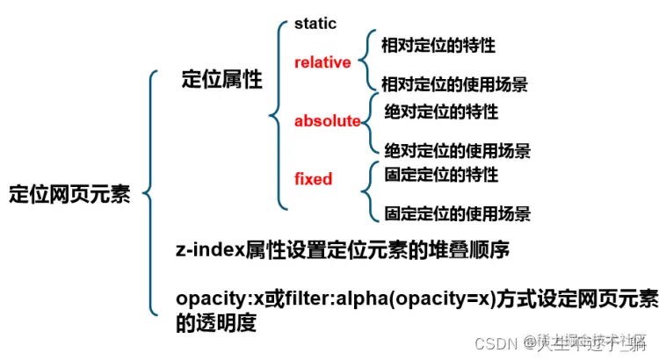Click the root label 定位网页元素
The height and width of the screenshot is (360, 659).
tap(69, 194)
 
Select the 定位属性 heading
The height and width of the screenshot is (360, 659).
tap(221, 80)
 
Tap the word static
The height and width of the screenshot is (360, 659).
tap(315, 25)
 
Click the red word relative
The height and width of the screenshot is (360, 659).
tap(322, 62)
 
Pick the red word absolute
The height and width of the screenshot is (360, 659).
tap(327, 120)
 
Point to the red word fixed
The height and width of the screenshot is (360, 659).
tap(313, 179)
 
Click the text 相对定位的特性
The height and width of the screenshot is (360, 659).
tap(444, 43)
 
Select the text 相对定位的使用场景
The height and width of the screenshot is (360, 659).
tap(455, 84)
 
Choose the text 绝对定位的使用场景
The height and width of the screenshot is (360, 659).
tap(458, 150)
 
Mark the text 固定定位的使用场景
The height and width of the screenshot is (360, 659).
tap(458, 213)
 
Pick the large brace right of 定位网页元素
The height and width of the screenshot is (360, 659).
tap(148, 191)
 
